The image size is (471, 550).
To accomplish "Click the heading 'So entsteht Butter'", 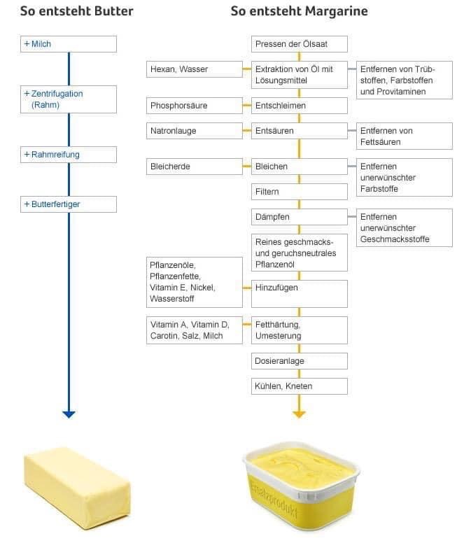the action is [76, 11].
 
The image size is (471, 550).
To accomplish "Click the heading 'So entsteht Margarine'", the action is [299, 11].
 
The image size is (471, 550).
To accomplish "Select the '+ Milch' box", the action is [69, 44].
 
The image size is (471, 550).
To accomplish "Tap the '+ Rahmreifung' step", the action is [69, 155].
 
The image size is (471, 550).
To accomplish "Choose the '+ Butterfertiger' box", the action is [69, 204].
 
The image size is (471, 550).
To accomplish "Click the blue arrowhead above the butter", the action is [69, 414].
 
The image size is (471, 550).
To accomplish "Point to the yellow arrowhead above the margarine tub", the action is [299, 414].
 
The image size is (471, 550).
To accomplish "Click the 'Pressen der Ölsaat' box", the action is [299, 44].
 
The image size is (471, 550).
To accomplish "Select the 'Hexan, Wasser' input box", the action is [195, 69].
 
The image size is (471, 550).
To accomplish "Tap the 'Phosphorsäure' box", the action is [195, 106].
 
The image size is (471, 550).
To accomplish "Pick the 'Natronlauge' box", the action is [195, 131].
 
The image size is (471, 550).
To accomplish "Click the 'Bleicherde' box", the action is [195, 167].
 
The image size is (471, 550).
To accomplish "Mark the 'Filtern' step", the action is [299, 192].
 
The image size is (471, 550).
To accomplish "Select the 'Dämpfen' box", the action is [299, 217].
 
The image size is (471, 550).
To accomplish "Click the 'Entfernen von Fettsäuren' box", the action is [405, 136].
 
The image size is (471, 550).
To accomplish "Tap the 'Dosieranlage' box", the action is [299, 361].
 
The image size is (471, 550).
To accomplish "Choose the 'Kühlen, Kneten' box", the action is [299, 386].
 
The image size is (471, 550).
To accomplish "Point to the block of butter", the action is [77, 488].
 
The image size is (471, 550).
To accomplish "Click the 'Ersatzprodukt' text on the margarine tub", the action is [274, 499].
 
